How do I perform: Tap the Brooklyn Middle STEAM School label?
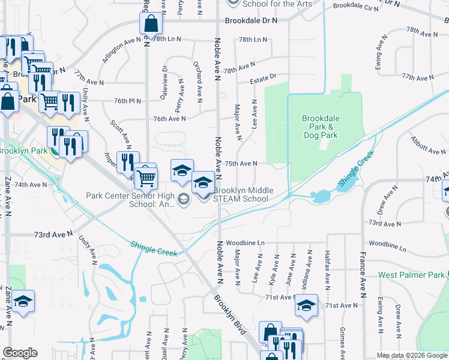coord(241,194)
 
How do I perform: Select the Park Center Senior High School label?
coord(130,199)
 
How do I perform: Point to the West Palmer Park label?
coord(412,275)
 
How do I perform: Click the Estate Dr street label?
coord(264,77)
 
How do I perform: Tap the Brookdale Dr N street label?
coord(252,20)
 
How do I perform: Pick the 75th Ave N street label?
coord(241,163)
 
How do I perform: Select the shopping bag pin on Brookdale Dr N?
coord(151,25)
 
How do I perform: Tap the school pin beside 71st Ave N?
coord(306,306)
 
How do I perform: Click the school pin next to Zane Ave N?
coord(23,301)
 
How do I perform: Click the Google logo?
coord(19,353)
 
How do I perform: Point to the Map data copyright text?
coord(412,355)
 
